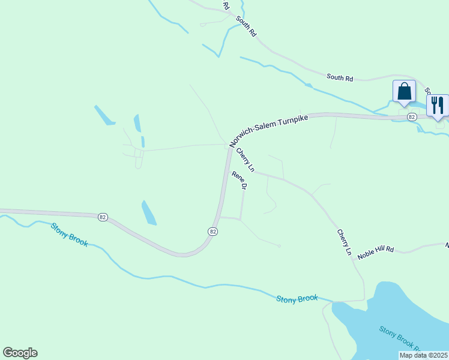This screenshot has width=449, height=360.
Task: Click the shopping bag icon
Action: coord(404,91)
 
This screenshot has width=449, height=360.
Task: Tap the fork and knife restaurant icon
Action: coord(436,106)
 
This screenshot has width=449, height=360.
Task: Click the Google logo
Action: coord(20,353)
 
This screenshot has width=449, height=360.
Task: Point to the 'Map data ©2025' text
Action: coord(423,355)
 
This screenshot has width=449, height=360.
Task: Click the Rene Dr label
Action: coord(240,181)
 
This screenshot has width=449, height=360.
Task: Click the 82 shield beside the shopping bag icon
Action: coord(411,116)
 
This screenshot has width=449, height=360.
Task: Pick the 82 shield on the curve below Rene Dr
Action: coord(213,231)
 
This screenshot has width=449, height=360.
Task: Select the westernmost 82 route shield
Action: coord(103,217)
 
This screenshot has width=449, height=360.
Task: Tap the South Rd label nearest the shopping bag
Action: coord(340,77)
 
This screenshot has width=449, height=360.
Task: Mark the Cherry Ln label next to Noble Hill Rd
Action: coord(344,242)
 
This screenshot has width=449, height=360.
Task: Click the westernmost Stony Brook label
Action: coord(69,235)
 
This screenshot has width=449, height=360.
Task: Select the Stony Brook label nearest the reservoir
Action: coord(297,299)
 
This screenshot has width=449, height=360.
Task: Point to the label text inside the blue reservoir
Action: coord(399,338)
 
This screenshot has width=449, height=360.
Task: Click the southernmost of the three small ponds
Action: coord(148,212)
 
